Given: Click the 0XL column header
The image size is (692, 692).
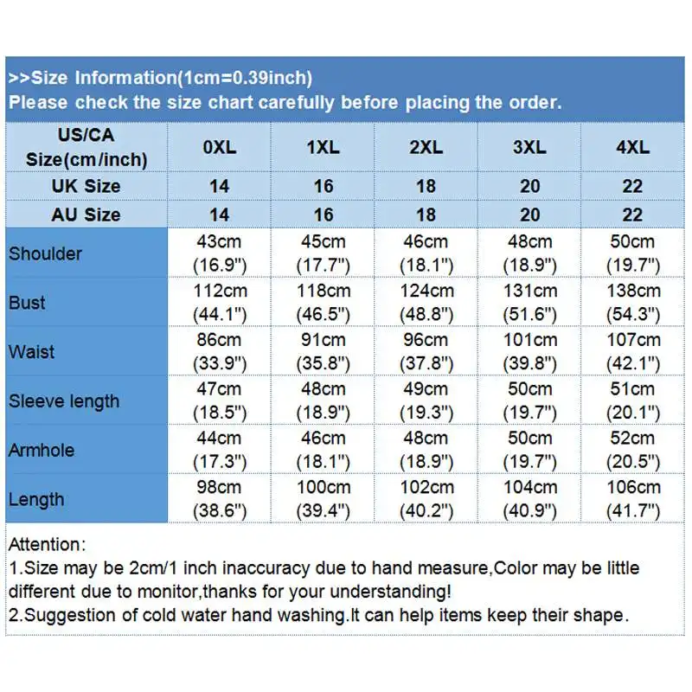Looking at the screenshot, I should click(x=219, y=147).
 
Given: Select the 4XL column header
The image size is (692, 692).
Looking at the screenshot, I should click(x=632, y=147).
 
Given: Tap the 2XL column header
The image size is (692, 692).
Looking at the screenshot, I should click(x=426, y=147).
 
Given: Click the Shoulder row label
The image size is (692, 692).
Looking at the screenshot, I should click(x=45, y=253).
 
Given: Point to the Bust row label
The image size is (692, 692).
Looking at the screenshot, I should click(x=27, y=303).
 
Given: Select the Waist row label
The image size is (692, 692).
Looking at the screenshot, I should click(x=31, y=352).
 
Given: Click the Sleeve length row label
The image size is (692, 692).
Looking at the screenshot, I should click(x=64, y=401).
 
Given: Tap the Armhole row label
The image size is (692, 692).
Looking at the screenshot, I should click(x=42, y=450).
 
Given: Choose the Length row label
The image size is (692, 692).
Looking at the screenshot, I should click(x=36, y=499).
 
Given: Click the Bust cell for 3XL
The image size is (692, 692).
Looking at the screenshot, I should click(x=529, y=302).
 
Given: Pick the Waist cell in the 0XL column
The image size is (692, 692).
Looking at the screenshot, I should click(x=219, y=351).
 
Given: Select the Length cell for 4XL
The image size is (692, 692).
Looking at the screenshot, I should click(x=632, y=498).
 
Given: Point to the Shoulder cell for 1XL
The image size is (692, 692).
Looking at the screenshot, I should click(x=323, y=253).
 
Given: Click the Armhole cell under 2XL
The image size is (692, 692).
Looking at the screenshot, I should click(x=426, y=449).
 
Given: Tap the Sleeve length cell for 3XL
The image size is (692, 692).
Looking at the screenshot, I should click(x=529, y=400).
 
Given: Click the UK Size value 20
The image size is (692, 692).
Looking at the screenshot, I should click(x=529, y=186).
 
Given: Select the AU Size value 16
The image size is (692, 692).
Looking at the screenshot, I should click(x=323, y=215).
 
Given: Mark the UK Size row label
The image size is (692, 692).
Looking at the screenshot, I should click(x=86, y=186).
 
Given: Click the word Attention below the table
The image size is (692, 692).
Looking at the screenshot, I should click(x=47, y=545).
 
